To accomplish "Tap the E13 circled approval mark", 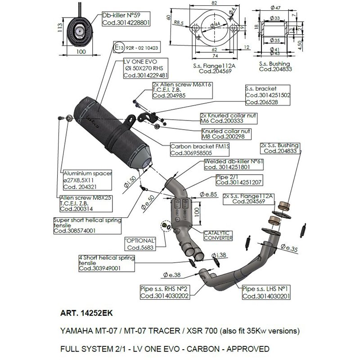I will point(118,46).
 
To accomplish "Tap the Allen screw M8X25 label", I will point(85,203).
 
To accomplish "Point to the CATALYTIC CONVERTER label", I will point(218,235).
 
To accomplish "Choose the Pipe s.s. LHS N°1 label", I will point(264,292).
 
